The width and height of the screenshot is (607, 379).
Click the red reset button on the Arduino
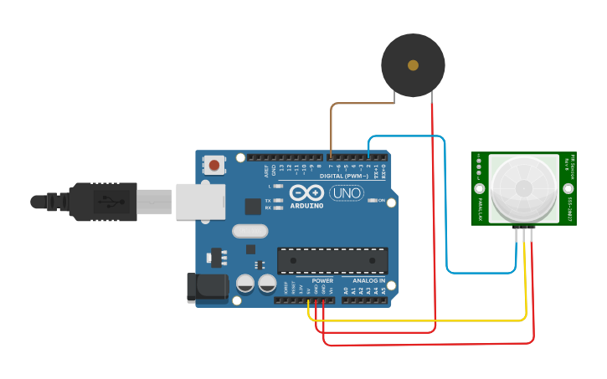(x=214, y=165)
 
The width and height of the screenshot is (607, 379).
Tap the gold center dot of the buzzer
(x=413, y=65)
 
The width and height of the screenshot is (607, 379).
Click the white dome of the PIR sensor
(x=523, y=188)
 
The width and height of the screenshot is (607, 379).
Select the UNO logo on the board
(x=346, y=193)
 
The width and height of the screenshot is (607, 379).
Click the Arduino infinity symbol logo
(x=306, y=192)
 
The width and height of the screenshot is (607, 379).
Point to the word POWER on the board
(x=322, y=281)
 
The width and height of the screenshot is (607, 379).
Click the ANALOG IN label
(x=368, y=281)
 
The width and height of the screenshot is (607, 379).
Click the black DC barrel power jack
(x=207, y=287)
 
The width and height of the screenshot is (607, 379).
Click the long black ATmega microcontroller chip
(x=332, y=260)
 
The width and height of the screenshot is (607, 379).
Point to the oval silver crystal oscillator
(x=249, y=231)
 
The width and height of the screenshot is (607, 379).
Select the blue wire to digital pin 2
(x=447, y=209)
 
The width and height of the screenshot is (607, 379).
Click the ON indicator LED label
(x=382, y=201)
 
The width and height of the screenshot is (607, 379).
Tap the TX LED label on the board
(x=267, y=201)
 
